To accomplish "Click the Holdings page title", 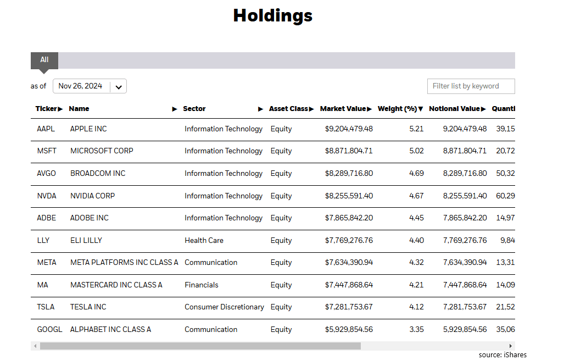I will [272, 15].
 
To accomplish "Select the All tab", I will [44, 60].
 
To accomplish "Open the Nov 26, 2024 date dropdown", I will [90, 86].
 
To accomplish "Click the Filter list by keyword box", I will [471, 86].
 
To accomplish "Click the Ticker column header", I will [49, 109].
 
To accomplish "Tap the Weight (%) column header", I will [400, 109].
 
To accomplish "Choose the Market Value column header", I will [345, 109].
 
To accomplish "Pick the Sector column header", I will [194, 109].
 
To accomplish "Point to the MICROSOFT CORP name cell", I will [102, 151].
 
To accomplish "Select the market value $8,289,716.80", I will [349, 174].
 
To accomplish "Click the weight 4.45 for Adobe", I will [416, 218].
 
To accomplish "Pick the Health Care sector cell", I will [204, 241].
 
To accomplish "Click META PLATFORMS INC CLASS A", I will [124, 263].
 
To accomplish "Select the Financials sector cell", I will [202, 285].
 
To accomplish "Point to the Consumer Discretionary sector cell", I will [224, 307].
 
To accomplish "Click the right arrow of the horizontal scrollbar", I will [511, 346].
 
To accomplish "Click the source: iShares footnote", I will [502, 355].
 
